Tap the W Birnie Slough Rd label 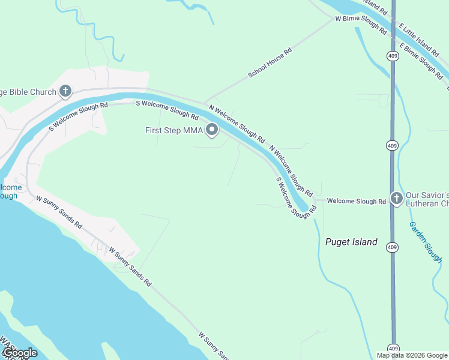click(361, 25)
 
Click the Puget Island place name click(351, 242)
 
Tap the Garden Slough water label click(425, 242)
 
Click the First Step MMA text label click(174, 130)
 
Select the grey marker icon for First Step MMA click(212, 130)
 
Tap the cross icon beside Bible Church click(65, 92)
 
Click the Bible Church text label click(28, 92)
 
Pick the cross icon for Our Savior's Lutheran click(396, 198)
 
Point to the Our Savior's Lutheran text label click(427, 200)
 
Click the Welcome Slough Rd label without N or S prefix click(356, 202)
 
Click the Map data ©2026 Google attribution click(412, 355)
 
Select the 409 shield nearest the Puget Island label click(392, 247)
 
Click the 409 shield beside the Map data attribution click(393, 348)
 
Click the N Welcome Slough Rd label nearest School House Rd click(237, 124)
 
